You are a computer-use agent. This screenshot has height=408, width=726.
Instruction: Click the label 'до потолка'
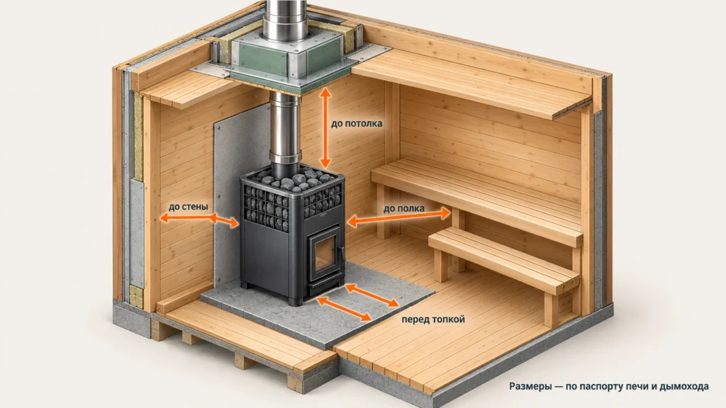point(357,124)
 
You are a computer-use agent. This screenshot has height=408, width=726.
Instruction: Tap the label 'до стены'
point(188,207)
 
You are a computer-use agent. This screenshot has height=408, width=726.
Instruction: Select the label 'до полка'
point(403,209)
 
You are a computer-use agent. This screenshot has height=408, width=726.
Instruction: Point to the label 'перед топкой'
point(433,319)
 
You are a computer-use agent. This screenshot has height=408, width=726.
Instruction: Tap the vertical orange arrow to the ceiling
point(325,127)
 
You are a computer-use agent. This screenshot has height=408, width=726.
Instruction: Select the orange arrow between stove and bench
point(398,217)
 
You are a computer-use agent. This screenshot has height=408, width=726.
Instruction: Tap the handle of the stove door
point(342,255)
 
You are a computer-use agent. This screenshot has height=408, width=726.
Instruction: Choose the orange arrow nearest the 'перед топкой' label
point(372,295)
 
